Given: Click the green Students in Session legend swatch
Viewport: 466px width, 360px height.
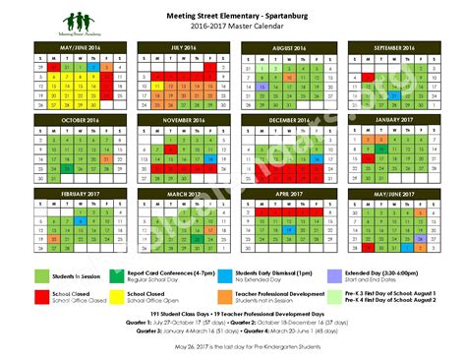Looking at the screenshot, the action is [41, 275].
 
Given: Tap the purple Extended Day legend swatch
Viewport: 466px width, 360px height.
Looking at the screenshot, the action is [337, 275].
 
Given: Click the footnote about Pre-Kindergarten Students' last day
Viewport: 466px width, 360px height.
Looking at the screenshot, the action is [233, 346].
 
